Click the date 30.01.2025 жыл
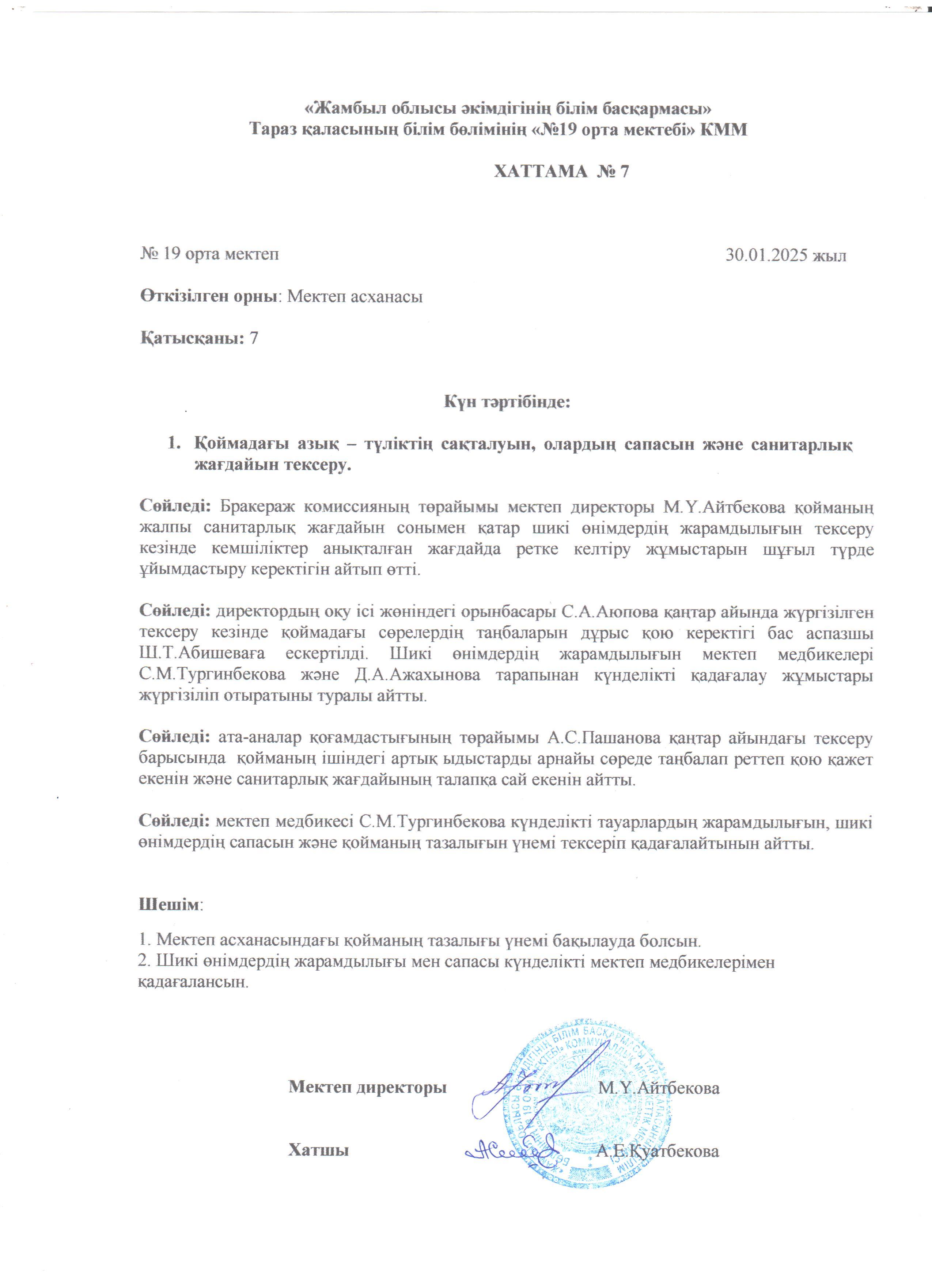point(785,255)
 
